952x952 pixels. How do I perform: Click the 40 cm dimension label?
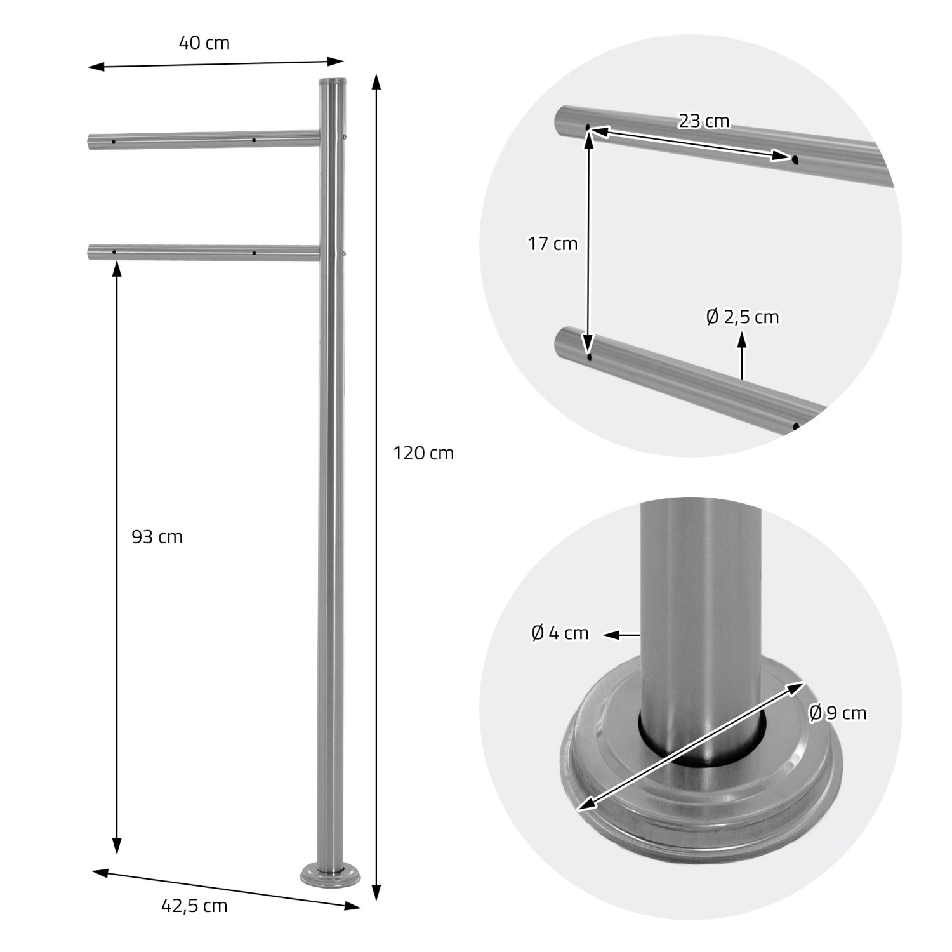(204, 43)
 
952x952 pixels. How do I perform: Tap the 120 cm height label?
(423, 453)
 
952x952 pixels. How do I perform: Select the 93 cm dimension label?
(157, 537)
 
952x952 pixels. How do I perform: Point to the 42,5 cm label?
(194, 906)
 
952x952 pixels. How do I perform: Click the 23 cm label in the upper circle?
(704, 121)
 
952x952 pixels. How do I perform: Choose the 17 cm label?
(552, 244)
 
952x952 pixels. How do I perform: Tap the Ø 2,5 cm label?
(742, 317)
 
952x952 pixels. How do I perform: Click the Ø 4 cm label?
(560, 633)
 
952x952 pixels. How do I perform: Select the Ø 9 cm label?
(837, 713)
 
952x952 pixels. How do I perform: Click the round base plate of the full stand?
(331, 876)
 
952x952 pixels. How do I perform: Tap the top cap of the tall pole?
(332, 82)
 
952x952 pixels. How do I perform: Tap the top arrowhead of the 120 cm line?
(376, 83)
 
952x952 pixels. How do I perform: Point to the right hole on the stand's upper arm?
(253, 140)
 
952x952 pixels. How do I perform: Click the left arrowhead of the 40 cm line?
(95, 67)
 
